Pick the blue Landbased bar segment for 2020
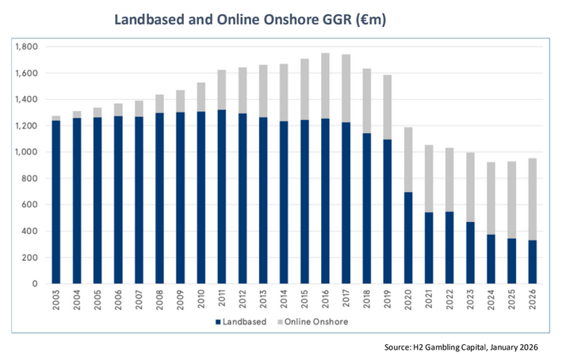[x=408, y=238]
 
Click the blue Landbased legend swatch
[x=218, y=324]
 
